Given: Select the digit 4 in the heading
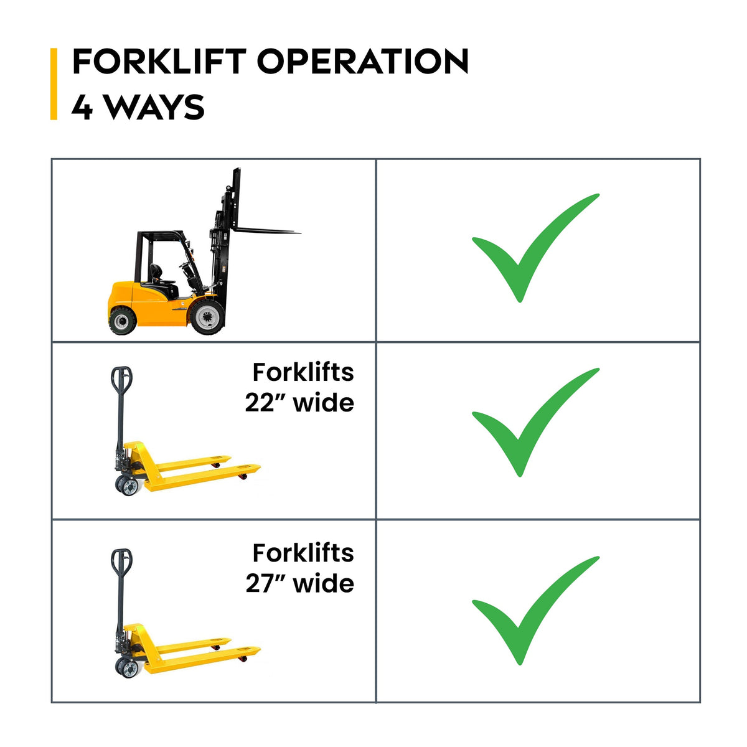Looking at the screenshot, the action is click(x=82, y=107).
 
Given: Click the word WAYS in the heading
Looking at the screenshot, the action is click(x=155, y=107).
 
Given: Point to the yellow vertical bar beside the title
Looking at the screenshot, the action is click(x=54, y=84).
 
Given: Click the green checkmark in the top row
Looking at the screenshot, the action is click(x=536, y=248).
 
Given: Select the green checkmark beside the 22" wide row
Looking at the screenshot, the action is click(x=536, y=422).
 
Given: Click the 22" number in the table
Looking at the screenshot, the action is click(x=266, y=403).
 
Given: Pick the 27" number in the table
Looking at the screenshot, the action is click(x=266, y=584).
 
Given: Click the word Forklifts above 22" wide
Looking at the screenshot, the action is click(x=303, y=372).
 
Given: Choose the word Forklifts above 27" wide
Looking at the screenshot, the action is click(x=303, y=553).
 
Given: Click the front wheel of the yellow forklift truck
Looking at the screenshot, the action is click(x=207, y=317).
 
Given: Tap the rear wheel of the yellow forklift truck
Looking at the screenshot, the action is click(x=123, y=320).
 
